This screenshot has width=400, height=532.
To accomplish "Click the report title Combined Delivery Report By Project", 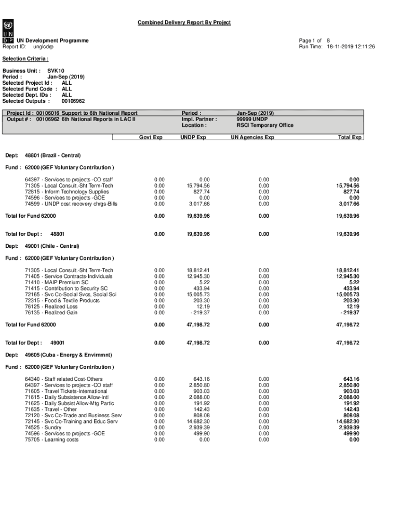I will (x=184, y=22).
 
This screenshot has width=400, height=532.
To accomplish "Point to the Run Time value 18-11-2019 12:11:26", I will (x=351, y=47).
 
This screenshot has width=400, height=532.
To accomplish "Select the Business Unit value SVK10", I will (x=56, y=70).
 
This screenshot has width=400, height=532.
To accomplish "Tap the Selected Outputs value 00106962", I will (x=73, y=101).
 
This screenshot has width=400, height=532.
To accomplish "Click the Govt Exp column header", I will (x=151, y=138).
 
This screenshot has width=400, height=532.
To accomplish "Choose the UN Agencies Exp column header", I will (x=253, y=138).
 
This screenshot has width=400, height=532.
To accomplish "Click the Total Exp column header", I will (x=350, y=138).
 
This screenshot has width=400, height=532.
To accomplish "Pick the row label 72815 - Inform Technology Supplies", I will (x=67, y=192).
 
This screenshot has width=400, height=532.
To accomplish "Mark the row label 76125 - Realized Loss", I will (x=56, y=307).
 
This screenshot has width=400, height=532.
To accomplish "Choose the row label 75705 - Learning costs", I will (x=51, y=440).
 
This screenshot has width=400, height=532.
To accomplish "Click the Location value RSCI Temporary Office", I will (x=265, y=125).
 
